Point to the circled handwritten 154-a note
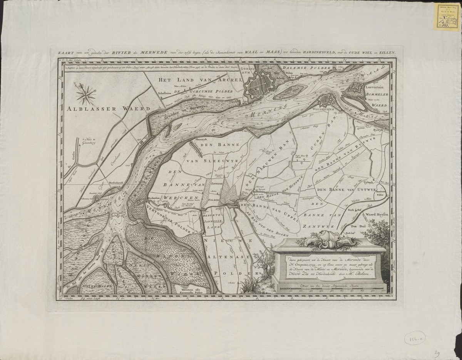(x=413, y=338)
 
